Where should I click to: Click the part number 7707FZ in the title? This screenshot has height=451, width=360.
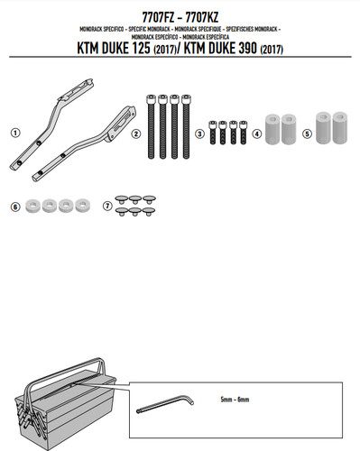[x=158, y=17]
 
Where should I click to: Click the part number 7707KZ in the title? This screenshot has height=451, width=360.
[x=202, y=17]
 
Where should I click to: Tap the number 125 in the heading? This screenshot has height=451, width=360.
[x=140, y=49]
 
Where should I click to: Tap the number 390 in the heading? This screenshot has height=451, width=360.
[x=247, y=49]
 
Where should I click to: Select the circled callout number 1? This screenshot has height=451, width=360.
[x=15, y=133]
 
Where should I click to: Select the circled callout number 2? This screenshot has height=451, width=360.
[x=136, y=133]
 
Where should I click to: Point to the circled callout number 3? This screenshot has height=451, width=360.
[x=199, y=133]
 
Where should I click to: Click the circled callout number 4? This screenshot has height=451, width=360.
[x=256, y=133]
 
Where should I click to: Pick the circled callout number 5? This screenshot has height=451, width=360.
[x=307, y=133]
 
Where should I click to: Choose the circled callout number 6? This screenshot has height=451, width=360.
[x=15, y=207]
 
